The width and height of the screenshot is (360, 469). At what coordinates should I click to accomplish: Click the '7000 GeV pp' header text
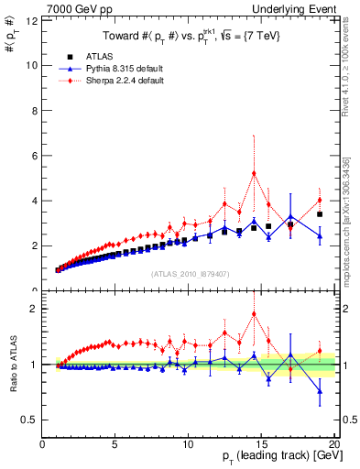[x=73, y=9]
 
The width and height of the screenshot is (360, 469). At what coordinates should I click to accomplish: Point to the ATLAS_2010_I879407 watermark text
[x=189, y=273]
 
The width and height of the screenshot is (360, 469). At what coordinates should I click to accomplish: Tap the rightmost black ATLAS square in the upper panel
[x=320, y=214]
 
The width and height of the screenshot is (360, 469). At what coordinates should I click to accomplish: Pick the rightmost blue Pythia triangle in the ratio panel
[x=320, y=391]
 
